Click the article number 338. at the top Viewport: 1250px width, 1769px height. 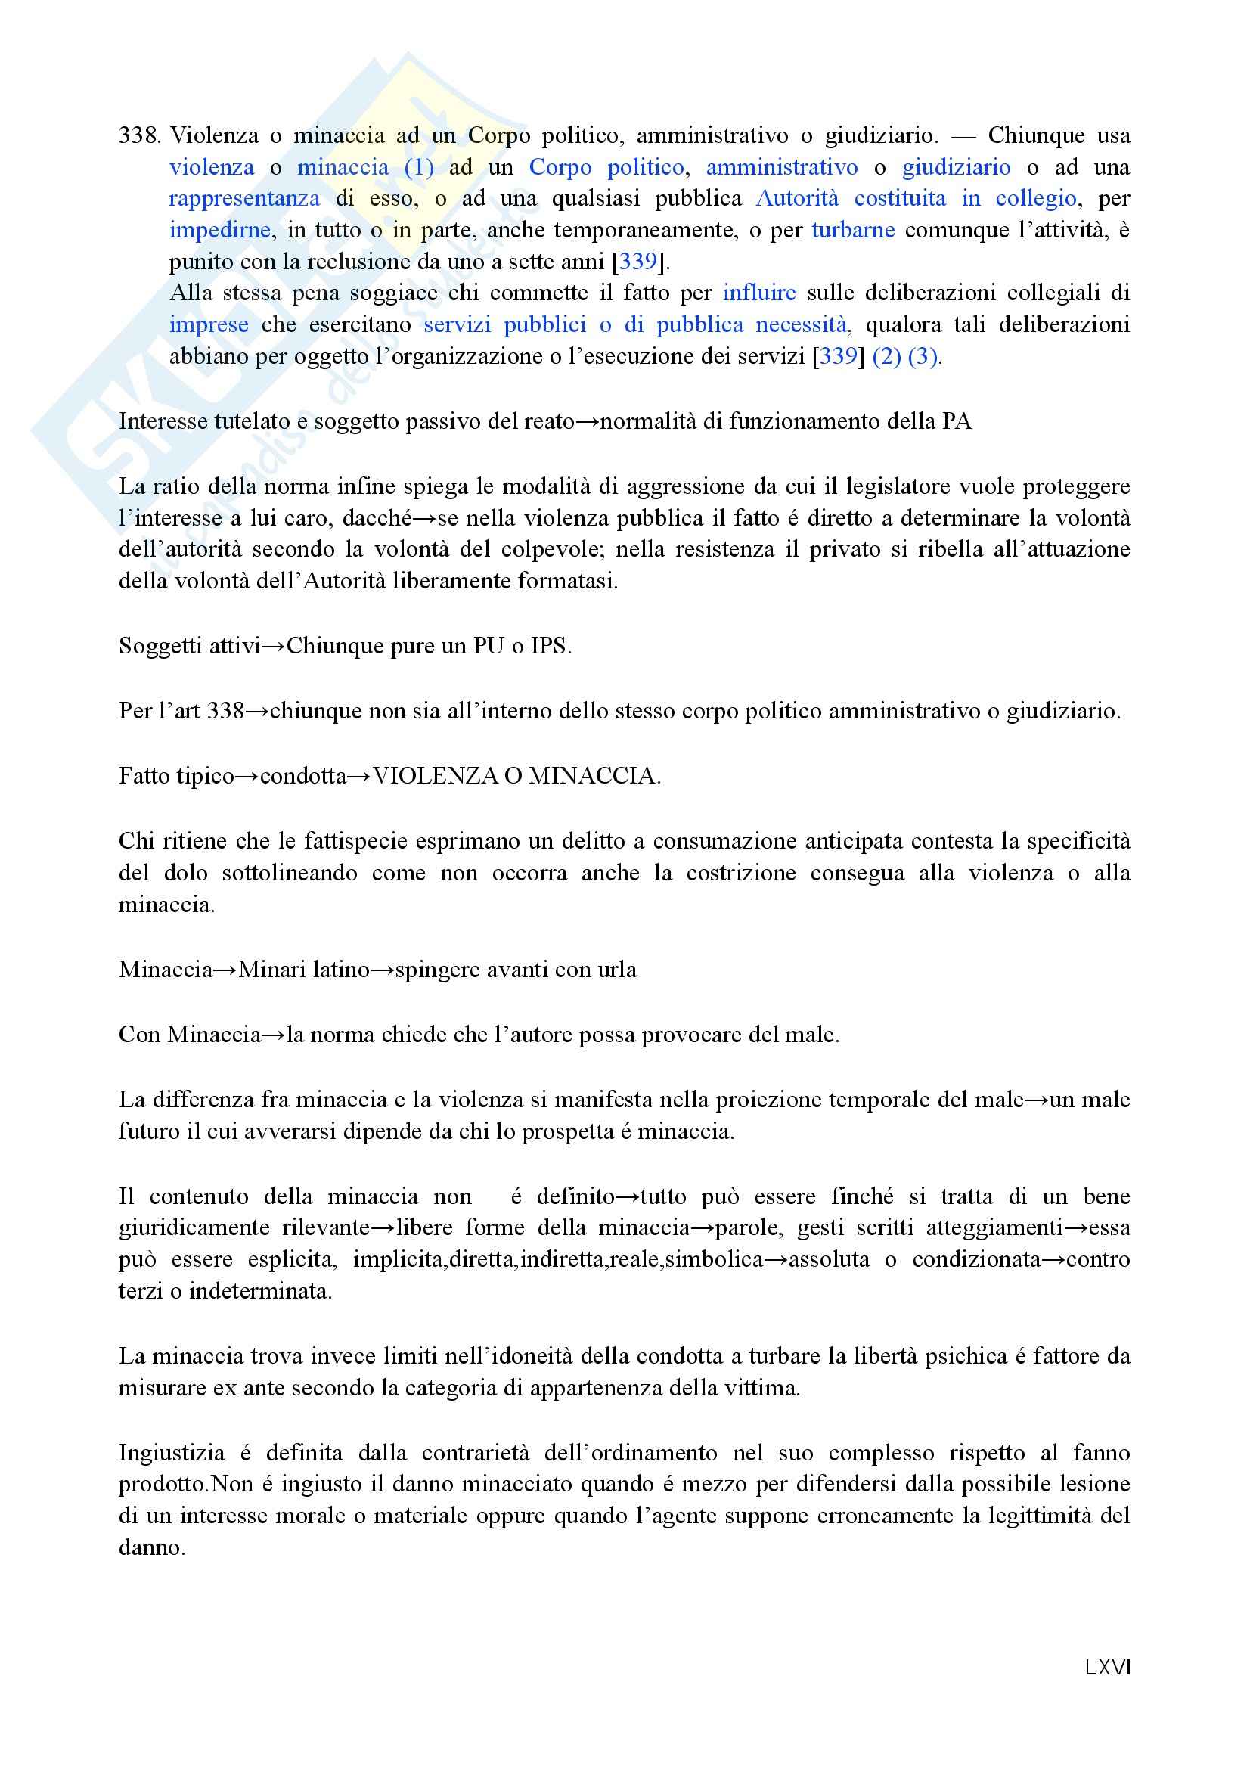coord(138,135)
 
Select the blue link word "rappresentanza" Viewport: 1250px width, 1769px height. coord(244,199)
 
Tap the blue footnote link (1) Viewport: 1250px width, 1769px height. coord(419,167)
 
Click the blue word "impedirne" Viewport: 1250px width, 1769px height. coord(219,231)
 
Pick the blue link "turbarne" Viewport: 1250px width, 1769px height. coord(852,231)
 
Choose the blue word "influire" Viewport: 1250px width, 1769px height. coord(758,293)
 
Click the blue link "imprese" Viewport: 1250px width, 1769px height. coord(209,324)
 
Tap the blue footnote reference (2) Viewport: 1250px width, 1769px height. coord(886,356)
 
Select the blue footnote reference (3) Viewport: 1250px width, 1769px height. coord(923,356)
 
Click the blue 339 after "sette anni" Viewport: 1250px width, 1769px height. coord(638,262)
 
